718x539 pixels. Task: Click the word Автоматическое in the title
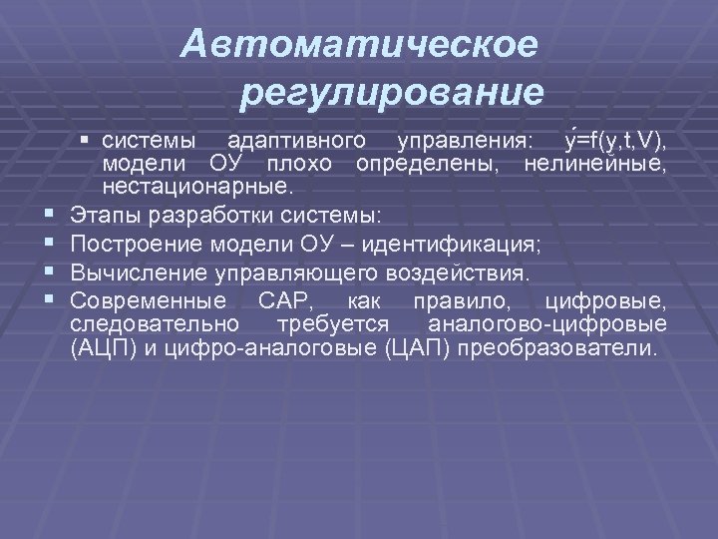click(361, 45)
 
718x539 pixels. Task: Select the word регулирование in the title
click(393, 94)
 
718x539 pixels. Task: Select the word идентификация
click(452, 243)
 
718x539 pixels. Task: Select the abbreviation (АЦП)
click(103, 348)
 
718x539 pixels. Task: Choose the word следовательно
click(155, 324)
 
